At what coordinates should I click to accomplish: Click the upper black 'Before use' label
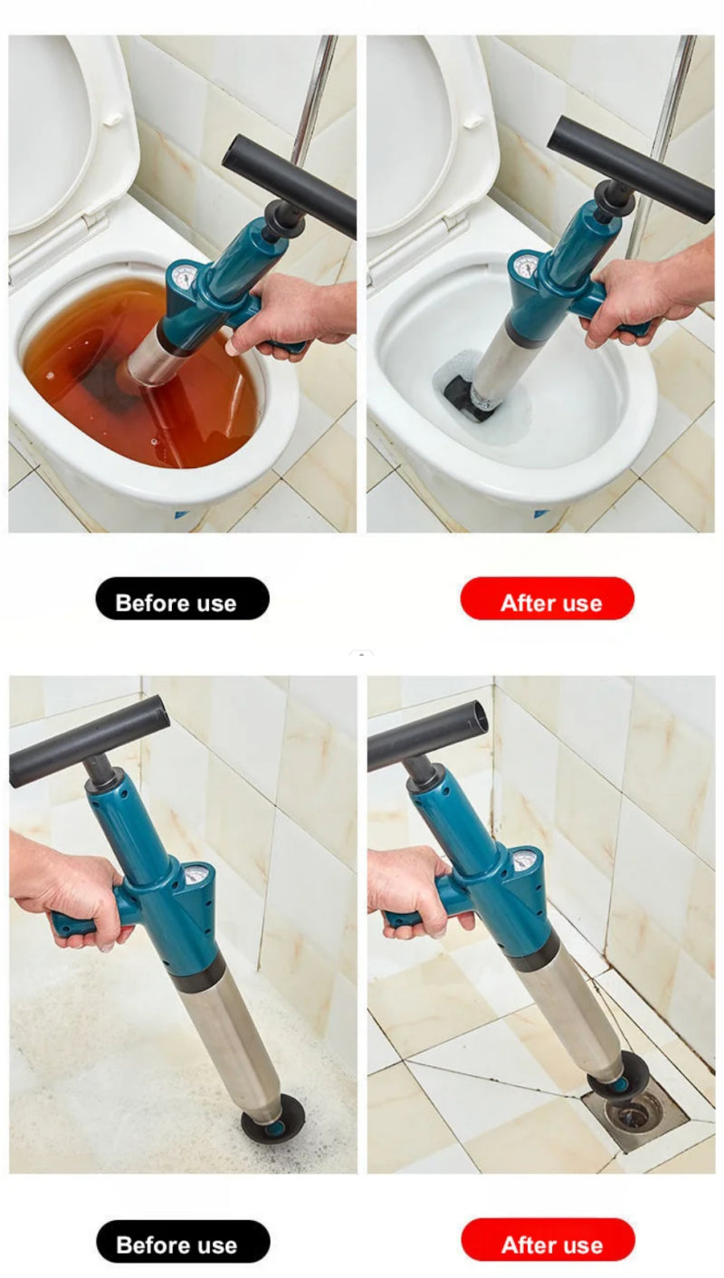182,599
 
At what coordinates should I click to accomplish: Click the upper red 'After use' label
548,599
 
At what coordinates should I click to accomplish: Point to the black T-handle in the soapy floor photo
89,740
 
